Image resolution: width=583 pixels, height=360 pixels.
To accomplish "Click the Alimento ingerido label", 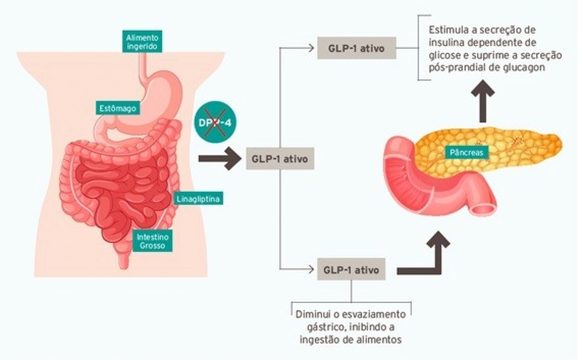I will pos(142,42).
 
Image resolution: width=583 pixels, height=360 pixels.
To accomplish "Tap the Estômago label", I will pos(118,108).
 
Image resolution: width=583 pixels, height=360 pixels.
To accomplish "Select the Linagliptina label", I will pos(198,199).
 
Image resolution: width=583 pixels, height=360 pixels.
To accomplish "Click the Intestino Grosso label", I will pos(153,241).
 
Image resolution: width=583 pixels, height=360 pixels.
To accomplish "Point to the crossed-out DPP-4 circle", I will pos(215,123).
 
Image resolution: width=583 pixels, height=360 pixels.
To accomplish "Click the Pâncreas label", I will pos(466,153).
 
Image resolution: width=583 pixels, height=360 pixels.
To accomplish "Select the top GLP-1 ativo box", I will pos(356,48).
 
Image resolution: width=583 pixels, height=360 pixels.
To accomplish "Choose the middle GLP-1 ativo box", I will pos(280,159).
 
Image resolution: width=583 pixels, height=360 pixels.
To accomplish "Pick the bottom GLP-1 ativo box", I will pos(351,270).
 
